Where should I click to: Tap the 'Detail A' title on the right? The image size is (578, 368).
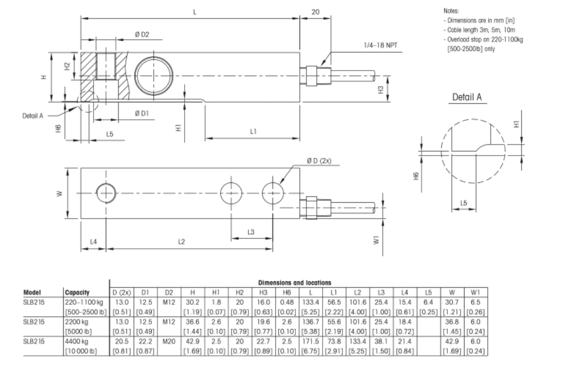tap(467, 97)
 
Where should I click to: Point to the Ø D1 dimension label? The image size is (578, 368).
tap(141, 113)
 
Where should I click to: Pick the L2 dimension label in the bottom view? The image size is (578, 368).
tap(181, 242)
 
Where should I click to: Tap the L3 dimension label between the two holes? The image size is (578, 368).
tap(251, 232)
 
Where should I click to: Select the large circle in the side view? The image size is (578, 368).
tap(155, 75)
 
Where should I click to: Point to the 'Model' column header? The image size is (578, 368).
tap(33, 293)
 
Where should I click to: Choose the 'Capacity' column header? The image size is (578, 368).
tap(77, 293)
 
